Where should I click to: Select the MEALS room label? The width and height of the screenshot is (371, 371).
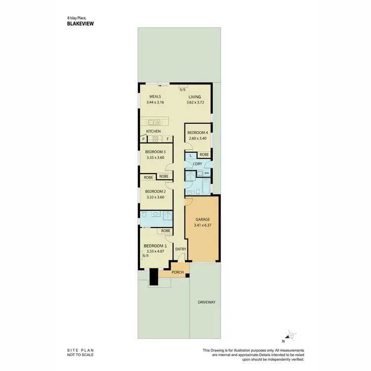coord(155,97)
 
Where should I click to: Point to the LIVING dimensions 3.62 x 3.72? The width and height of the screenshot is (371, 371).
coord(195,102)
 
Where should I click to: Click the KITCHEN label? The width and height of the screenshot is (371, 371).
coord(153,131)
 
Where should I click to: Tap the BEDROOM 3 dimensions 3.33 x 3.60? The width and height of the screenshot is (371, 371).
coord(155,158)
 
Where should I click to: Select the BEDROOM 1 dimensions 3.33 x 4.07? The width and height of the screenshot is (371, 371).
coord(155,251)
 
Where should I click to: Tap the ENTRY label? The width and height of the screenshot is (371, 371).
coord(181,249)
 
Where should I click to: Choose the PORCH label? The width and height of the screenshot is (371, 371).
coord(178,273)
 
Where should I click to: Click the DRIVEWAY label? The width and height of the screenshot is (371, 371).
coord(206,302)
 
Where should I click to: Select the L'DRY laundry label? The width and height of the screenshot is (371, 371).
coord(197,163)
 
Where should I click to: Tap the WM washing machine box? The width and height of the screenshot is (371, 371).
coord(206,173)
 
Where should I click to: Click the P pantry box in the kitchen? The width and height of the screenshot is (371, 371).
coord(143,139)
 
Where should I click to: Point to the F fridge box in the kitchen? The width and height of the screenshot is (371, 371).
coord(167,139)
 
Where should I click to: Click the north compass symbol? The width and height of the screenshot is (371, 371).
coord(292,336)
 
